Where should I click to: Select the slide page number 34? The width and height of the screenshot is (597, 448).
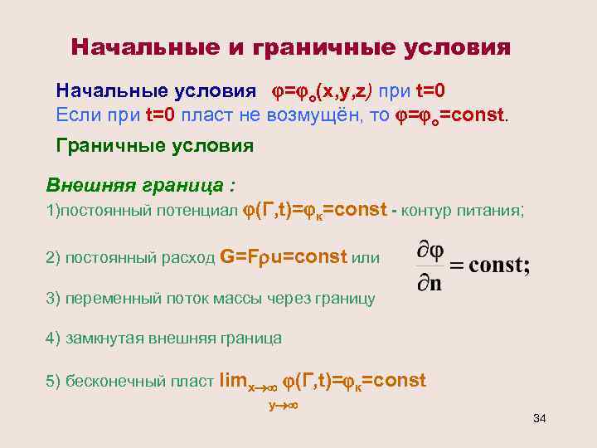[539, 416]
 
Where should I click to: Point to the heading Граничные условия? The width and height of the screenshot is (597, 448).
[154, 146]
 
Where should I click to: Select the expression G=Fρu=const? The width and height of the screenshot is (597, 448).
[284, 258]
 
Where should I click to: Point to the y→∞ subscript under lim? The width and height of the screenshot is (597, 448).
[283, 405]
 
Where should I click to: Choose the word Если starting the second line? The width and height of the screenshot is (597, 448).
[76, 114]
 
